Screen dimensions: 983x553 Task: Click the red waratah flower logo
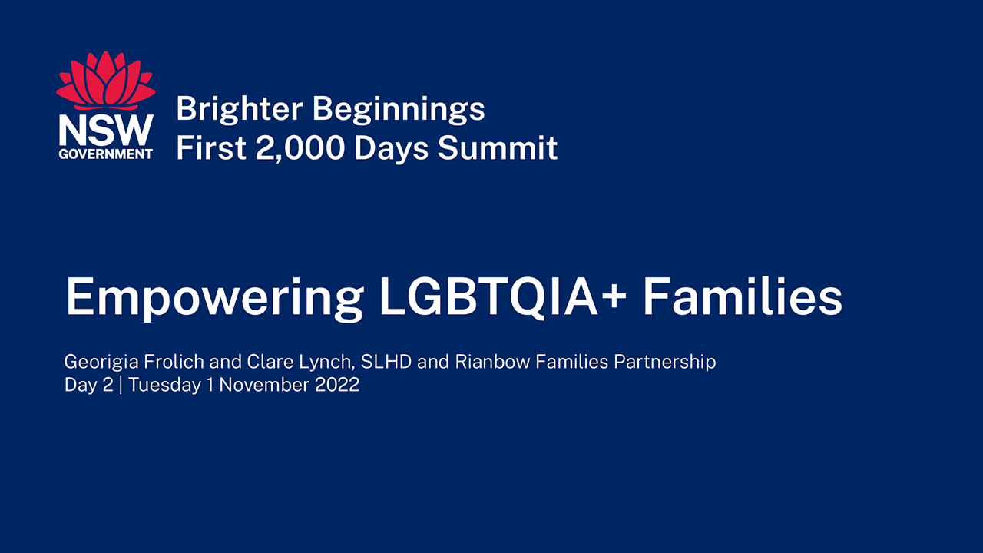click(106, 81)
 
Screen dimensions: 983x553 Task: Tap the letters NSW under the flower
click(106, 131)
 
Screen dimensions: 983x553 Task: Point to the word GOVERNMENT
click(106, 154)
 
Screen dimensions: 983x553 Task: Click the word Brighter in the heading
click(239, 109)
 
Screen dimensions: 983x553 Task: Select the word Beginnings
click(399, 109)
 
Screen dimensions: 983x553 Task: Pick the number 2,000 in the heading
click(300, 148)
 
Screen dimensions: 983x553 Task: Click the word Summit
click(498, 147)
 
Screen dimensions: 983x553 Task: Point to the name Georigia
click(101, 363)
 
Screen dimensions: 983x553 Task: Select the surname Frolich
click(174, 362)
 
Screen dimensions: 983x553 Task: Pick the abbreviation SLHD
click(386, 362)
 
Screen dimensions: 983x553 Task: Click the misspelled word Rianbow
click(493, 362)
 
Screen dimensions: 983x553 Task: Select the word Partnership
click(665, 363)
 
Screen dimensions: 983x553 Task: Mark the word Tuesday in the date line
click(164, 386)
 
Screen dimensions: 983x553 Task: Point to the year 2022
click(337, 385)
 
